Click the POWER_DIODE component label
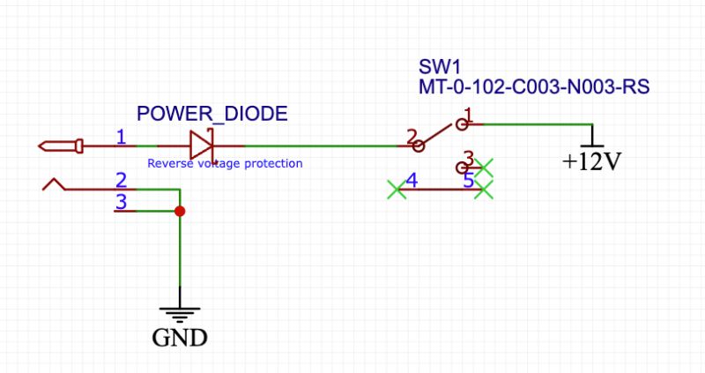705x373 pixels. point(211,115)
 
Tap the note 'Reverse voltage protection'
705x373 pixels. point(225,163)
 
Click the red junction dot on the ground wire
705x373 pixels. point(180,212)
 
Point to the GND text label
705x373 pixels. point(180,337)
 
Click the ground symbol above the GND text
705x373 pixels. point(180,313)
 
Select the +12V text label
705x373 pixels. point(592,162)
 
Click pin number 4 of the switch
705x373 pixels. point(411,181)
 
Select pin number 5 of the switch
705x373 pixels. point(469,181)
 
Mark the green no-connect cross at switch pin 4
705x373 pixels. point(397,189)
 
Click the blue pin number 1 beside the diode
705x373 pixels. point(122,136)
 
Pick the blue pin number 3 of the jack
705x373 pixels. point(122,202)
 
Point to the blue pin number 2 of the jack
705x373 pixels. point(122,179)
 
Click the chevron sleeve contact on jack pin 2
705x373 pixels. point(55,184)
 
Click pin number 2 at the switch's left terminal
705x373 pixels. point(411,136)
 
